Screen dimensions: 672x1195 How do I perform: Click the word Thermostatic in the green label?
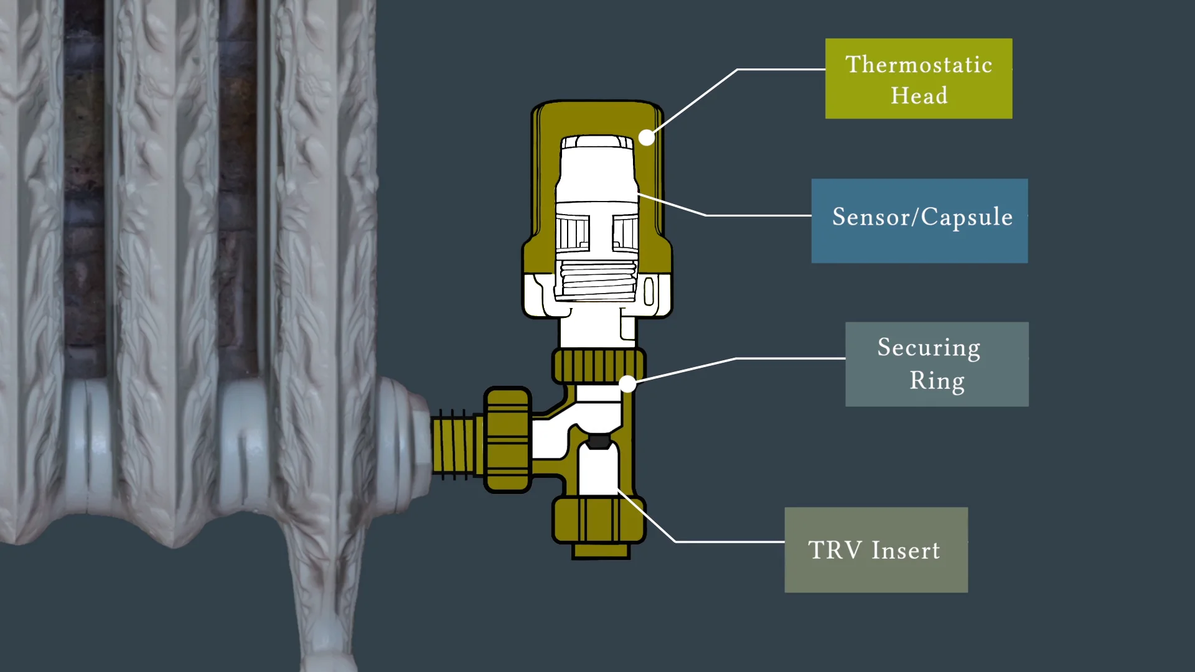click(919, 65)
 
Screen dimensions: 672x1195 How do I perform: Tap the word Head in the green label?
click(919, 96)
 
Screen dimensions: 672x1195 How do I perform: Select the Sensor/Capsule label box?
click(919, 221)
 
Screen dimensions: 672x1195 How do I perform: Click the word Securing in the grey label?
click(929, 348)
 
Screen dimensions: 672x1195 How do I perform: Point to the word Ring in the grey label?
click(937, 380)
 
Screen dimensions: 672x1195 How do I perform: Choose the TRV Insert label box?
click(876, 550)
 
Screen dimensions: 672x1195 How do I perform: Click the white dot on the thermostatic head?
click(647, 138)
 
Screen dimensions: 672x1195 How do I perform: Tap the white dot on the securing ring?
click(628, 384)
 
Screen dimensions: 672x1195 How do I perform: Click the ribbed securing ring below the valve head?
click(598, 366)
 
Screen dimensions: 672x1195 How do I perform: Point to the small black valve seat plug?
click(599, 442)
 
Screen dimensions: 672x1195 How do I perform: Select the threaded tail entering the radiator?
click(457, 444)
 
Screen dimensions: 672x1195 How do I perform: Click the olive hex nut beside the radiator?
click(508, 440)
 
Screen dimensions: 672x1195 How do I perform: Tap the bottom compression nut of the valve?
click(599, 520)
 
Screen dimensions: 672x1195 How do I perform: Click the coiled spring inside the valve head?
click(597, 280)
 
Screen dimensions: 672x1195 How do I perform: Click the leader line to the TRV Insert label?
click(703, 541)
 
